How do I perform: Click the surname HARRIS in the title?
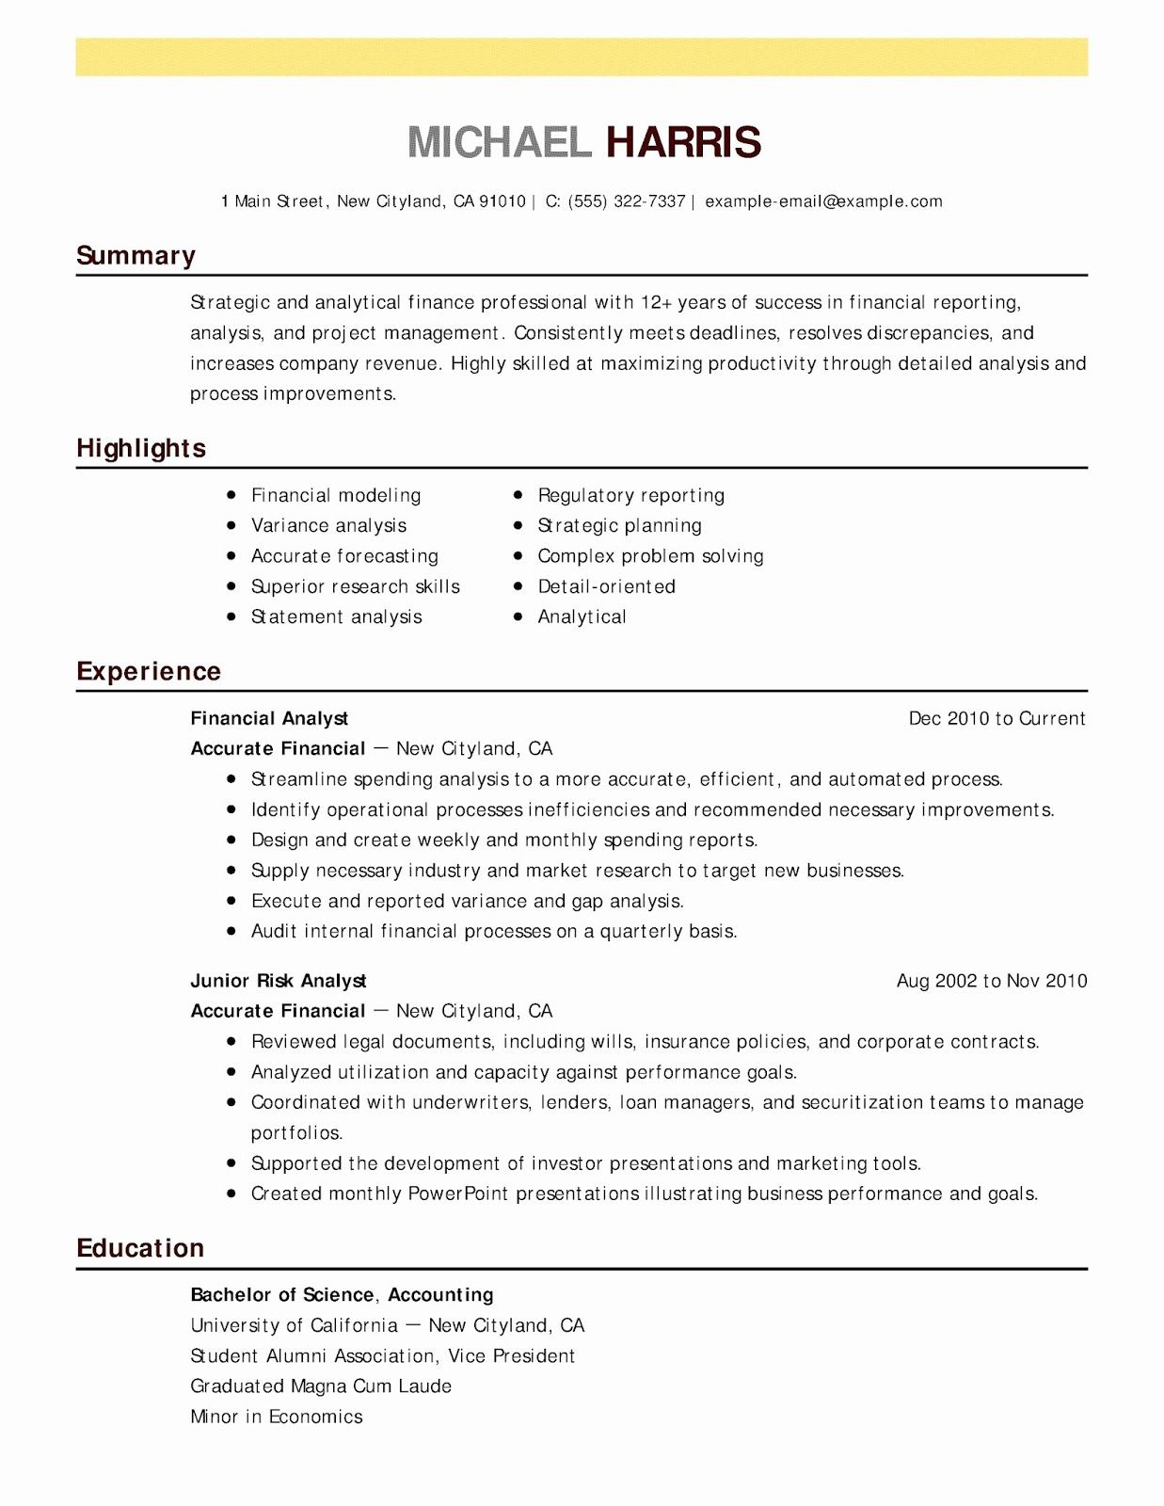[683, 142]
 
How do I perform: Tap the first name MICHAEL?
[500, 142]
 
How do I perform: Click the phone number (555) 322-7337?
[627, 201]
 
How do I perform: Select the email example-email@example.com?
[823, 201]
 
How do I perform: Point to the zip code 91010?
[502, 201]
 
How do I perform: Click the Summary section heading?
[136, 256]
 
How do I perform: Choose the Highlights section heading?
[141, 448]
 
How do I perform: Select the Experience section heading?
[149, 671]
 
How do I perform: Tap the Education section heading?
[140, 1248]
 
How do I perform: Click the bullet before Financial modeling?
[231, 494]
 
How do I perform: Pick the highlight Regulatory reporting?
[630, 495]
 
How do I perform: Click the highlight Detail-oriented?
[606, 586]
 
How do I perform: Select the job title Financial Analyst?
[269, 718]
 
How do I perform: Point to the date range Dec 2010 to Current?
[997, 718]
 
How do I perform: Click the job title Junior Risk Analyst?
[279, 981]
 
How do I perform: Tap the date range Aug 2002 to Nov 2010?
[991, 981]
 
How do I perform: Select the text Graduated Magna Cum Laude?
[321, 1386]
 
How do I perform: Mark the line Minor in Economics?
[276, 1417]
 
